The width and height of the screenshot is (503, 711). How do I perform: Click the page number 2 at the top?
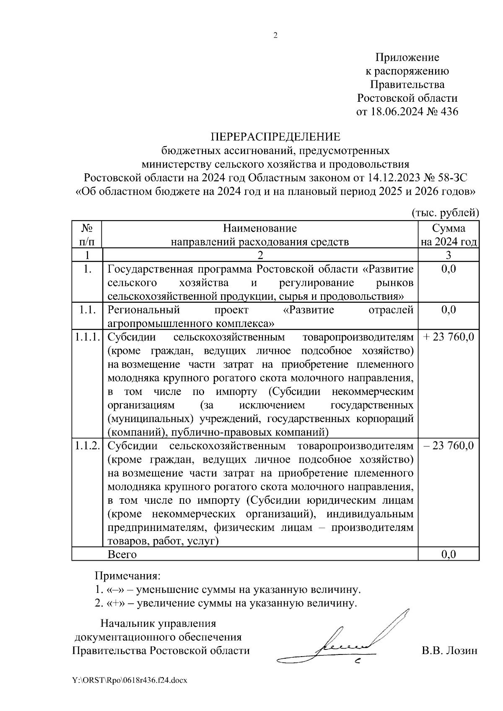pos(275,36)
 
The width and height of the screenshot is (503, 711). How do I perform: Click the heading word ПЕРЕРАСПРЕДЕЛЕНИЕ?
pos(275,137)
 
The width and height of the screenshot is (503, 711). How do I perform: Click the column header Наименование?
pos(260,228)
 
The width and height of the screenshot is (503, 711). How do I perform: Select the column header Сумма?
pos(449,228)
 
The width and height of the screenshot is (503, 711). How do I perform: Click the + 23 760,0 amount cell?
pos(449,337)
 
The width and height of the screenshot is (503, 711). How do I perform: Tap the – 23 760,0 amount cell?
pos(449,446)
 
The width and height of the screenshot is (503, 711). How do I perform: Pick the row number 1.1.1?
pos(87,337)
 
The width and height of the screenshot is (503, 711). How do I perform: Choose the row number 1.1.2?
pos(87,446)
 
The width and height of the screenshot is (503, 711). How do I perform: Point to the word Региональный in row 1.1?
pos(144,310)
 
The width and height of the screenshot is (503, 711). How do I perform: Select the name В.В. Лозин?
pos(449,651)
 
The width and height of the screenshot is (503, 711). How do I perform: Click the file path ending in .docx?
pos(130,680)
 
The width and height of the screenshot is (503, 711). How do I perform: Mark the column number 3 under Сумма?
pos(449,255)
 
